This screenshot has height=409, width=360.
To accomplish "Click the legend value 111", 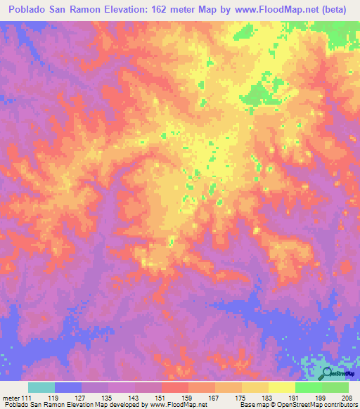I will [24, 397].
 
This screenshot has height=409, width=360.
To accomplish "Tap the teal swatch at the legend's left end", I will [41, 387].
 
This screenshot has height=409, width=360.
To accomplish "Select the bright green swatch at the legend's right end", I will [335, 387].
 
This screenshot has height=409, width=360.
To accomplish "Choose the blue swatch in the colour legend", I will [68, 387].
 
